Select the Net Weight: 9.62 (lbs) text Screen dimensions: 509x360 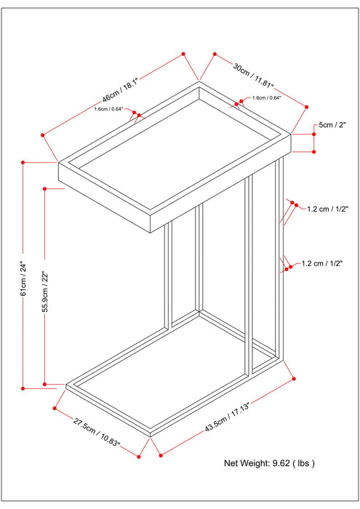[x=269, y=462]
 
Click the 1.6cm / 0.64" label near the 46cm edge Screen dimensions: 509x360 [x=108, y=110]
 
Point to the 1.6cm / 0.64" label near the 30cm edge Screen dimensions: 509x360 [x=268, y=98]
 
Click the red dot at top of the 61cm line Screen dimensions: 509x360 [x=23, y=161]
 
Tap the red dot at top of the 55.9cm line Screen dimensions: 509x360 [x=45, y=189]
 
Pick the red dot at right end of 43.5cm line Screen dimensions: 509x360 [x=293, y=378]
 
